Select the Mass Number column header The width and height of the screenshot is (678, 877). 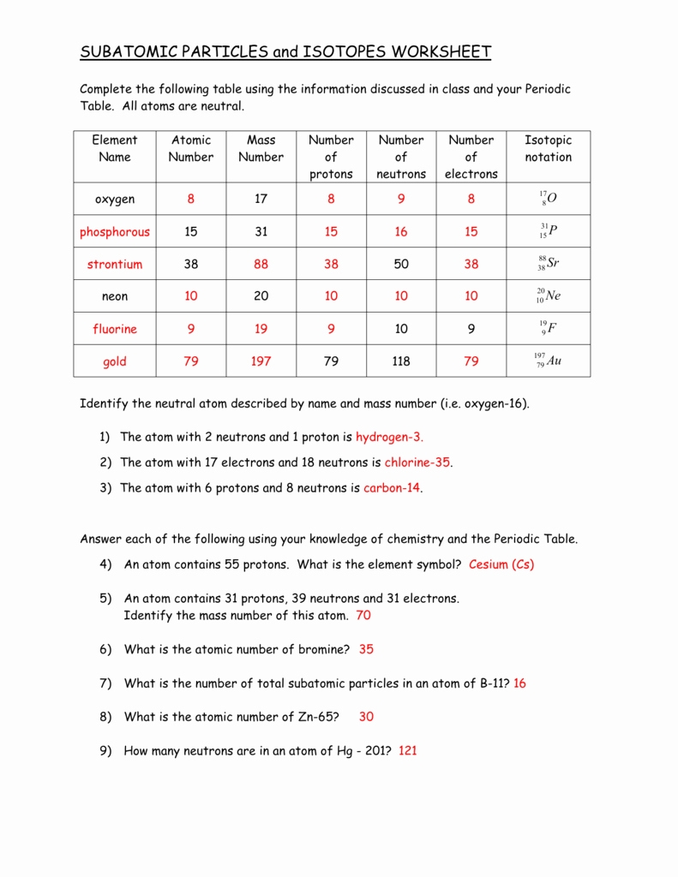click(261, 148)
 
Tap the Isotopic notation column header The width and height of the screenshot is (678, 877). click(548, 148)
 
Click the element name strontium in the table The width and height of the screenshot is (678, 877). click(114, 265)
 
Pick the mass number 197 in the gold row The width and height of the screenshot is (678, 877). click(261, 361)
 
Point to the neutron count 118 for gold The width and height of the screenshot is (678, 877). click(401, 361)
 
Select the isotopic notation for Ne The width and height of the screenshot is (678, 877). click(548, 296)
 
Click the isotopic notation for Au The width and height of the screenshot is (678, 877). click(548, 361)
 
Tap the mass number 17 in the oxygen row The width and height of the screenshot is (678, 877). click(261, 199)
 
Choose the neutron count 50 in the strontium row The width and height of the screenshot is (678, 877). click(401, 265)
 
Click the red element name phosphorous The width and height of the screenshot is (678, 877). click(114, 232)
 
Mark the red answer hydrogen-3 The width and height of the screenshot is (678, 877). click(389, 437)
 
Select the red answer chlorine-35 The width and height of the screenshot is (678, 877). click(417, 462)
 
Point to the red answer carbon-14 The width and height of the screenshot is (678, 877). click(392, 488)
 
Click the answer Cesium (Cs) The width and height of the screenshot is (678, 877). click(501, 564)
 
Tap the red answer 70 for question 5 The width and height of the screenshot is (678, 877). click(363, 615)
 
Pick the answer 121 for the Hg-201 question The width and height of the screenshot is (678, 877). click(408, 751)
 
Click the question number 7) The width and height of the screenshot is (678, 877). click(105, 683)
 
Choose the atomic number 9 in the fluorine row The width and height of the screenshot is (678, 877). click(190, 329)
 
